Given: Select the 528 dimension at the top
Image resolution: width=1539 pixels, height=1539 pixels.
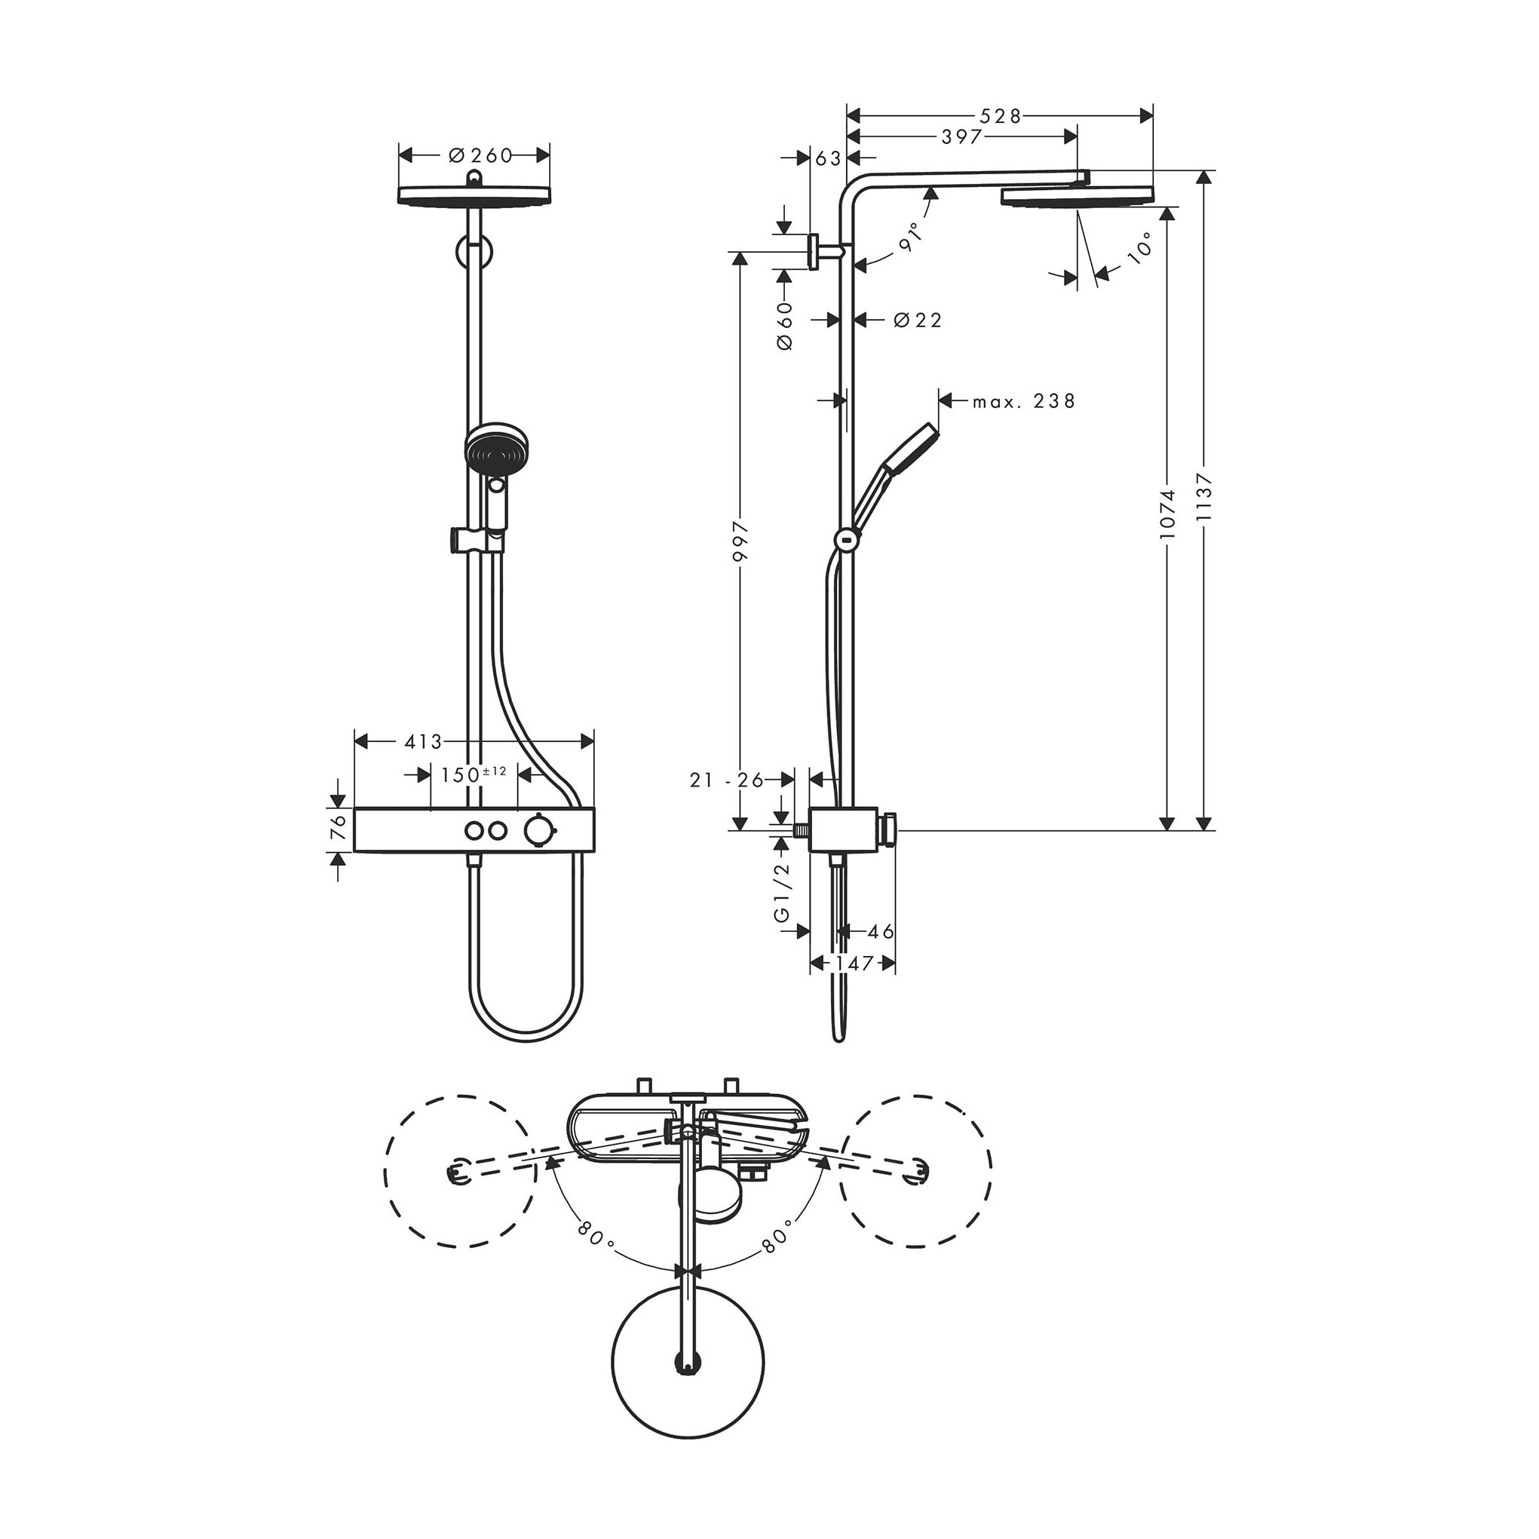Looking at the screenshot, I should [x=1000, y=116].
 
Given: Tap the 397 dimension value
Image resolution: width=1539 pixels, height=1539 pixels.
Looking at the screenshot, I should [x=961, y=137].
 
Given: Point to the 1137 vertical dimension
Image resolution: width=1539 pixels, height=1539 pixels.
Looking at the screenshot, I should [x=1203, y=498].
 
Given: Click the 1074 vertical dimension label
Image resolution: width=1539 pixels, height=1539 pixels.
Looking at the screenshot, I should [x=1167, y=514].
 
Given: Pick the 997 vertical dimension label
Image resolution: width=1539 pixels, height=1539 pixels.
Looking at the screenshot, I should [x=740, y=541].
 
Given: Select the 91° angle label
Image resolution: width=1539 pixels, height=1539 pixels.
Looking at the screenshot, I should [x=910, y=238].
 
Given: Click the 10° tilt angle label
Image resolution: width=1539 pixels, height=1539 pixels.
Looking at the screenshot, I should [x=1140, y=248].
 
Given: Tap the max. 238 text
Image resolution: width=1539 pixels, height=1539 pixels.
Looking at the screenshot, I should [x=1023, y=401].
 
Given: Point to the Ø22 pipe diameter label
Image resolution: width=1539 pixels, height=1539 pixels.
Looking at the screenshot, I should [x=918, y=320].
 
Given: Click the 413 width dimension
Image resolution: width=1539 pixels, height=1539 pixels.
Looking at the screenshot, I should [x=423, y=742].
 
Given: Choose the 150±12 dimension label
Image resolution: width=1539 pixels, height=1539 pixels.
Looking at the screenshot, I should [x=474, y=774].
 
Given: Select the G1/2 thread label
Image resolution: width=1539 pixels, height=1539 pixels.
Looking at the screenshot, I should [x=784, y=892].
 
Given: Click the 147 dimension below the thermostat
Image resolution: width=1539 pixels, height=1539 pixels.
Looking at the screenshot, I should [x=852, y=964].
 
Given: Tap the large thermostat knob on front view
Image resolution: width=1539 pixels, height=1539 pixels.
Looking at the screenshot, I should [x=537, y=830].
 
